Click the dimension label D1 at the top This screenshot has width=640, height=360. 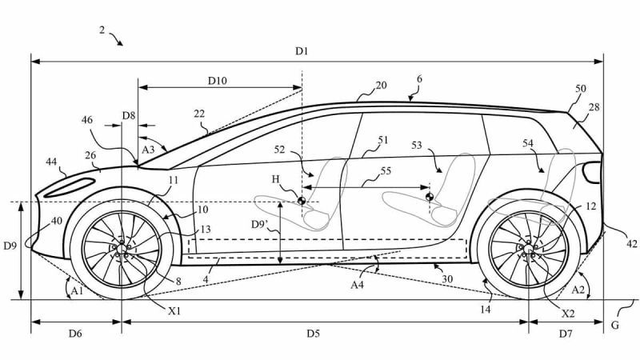pos(301,51)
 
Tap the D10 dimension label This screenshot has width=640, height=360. pos(218,80)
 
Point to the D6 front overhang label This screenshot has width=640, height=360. pos(74,332)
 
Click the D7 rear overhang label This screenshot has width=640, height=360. pos(565,332)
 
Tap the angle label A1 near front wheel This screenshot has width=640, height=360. pos(77,291)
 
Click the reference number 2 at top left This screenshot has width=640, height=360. pos(102,30)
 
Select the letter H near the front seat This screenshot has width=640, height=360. pos(276,181)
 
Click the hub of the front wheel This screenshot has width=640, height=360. pos(122,249)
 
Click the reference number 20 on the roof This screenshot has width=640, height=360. pos(381,85)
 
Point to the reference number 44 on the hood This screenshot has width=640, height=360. pos(50,162)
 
